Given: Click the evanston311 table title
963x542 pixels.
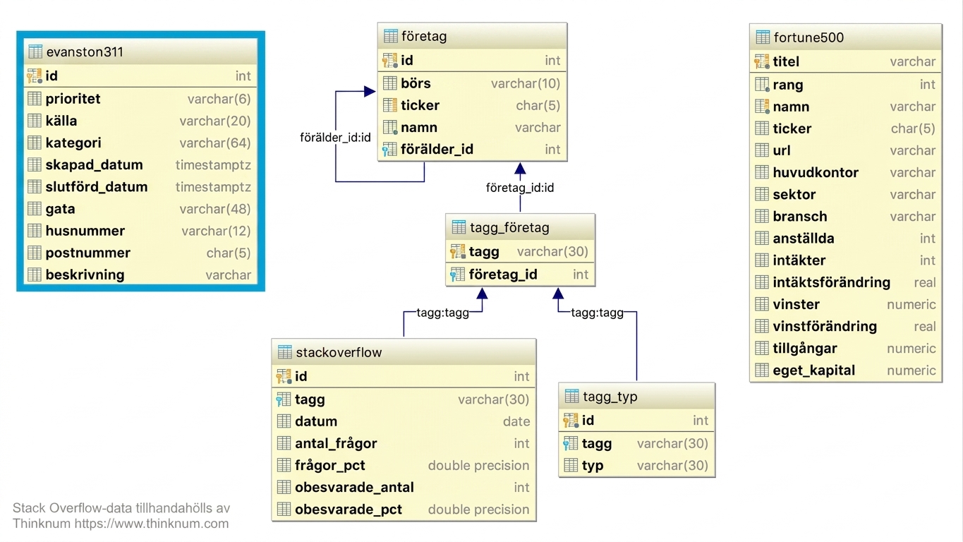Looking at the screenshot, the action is (85, 52).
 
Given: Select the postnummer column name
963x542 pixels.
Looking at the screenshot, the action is (87, 253).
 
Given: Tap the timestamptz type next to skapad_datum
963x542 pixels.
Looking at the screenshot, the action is (213, 165).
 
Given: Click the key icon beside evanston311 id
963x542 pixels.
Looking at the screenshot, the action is (35, 76).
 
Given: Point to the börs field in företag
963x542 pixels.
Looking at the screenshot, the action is (416, 83).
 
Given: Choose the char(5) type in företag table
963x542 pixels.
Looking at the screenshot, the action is (538, 105).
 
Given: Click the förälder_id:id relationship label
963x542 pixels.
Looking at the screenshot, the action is (335, 138).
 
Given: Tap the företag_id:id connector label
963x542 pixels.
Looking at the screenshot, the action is (520, 188).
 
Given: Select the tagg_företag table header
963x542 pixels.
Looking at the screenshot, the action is (509, 227).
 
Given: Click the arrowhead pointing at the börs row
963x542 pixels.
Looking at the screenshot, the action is (370, 91).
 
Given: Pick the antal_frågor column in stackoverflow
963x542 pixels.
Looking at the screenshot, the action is (336, 443).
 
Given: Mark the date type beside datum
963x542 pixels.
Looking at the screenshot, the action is (516, 421).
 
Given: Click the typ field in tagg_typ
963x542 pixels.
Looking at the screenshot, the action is (593, 466).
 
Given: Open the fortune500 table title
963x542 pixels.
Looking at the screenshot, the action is (808, 37).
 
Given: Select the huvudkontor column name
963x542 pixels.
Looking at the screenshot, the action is (816, 172).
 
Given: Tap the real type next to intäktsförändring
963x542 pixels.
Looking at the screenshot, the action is (925, 282).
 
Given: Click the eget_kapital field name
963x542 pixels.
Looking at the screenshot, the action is (814, 371).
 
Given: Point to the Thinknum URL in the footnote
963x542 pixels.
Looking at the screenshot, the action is (151, 524).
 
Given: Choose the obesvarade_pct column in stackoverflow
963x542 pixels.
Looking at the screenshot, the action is (349, 510).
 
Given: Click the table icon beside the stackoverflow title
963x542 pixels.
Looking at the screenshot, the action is (284, 352).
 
